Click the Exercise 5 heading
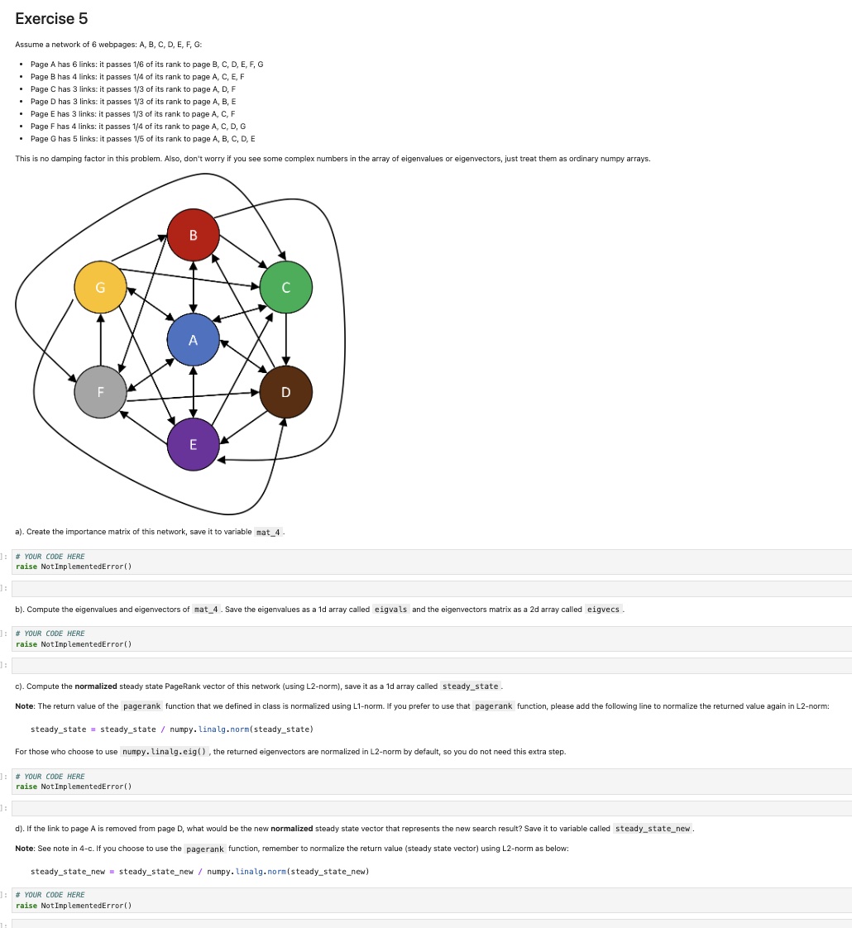(x=51, y=18)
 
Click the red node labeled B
(x=193, y=235)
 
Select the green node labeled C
(x=285, y=287)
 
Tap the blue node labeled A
(x=193, y=340)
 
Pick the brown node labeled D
(x=285, y=392)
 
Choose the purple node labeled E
(x=193, y=444)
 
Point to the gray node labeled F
(x=100, y=392)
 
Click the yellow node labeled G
(x=100, y=287)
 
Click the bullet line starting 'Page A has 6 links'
(x=146, y=64)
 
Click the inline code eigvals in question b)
(x=390, y=610)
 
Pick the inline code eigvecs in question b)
(x=603, y=610)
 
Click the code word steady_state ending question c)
(x=470, y=686)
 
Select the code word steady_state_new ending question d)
(x=653, y=829)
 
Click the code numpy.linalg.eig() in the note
(x=165, y=752)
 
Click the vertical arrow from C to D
(x=285, y=339)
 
